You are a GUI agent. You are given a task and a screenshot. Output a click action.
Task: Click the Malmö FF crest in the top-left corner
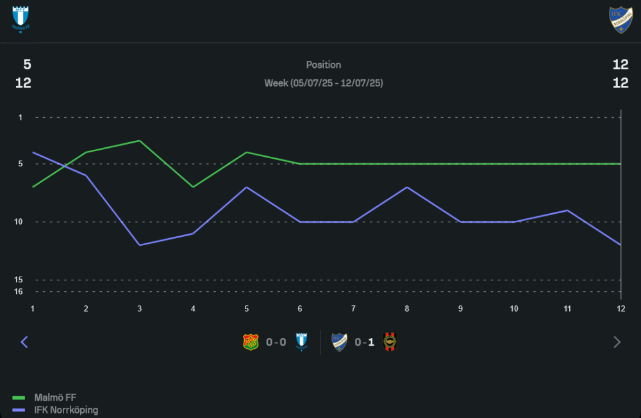click(21, 19)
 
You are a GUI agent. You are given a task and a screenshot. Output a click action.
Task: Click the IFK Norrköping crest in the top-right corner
click(620, 19)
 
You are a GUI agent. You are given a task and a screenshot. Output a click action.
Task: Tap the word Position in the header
click(324, 65)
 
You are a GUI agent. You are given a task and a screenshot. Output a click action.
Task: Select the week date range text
click(324, 83)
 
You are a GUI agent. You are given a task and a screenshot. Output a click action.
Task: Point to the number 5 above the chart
click(27, 65)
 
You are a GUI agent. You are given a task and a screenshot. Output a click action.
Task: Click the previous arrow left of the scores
click(24, 342)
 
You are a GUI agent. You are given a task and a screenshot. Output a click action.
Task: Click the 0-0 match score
click(276, 342)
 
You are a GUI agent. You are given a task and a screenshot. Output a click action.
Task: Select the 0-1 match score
click(365, 342)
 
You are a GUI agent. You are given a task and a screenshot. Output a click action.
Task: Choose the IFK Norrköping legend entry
click(66, 410)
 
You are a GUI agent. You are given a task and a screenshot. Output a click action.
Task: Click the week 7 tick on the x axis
click(353, 308)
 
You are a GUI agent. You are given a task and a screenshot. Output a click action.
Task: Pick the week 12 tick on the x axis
click(620, 308)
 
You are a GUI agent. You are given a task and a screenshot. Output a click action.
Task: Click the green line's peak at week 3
click(140, 141)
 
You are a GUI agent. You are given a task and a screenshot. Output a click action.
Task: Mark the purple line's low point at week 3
click(140, 245)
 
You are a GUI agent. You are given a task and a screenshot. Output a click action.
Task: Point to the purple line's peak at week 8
click(406, 187)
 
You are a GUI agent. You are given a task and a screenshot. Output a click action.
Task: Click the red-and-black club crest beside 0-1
click(390, 342)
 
